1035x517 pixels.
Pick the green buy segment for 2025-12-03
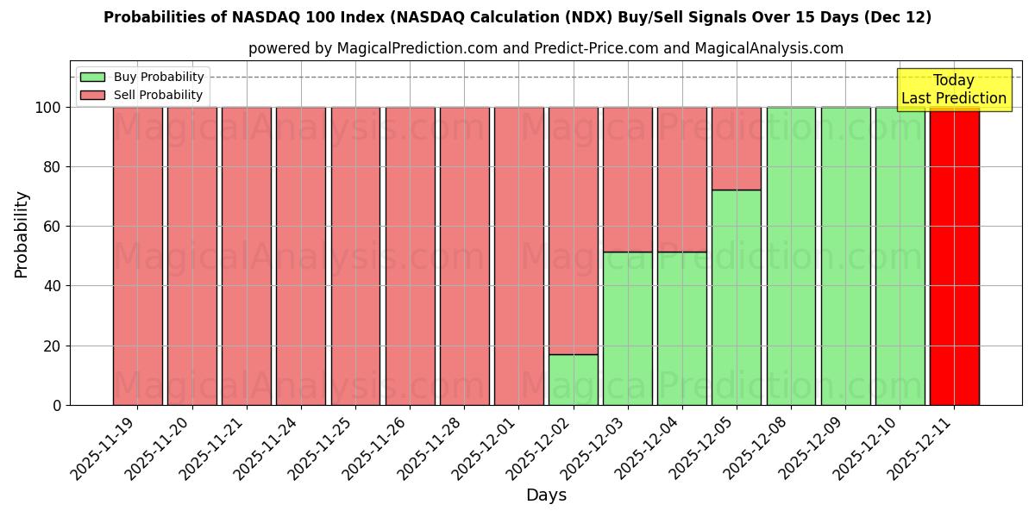627,328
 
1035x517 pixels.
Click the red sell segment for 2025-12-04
682,179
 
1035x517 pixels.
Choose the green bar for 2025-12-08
791,256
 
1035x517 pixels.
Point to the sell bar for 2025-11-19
137,256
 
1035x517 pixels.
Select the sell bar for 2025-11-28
464,256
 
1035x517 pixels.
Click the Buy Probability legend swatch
92,78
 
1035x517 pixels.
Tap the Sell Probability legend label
158,95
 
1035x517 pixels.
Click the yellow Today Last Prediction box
953,90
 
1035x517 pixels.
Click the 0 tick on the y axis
57,405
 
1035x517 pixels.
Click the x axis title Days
546,495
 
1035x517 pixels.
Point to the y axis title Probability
22,234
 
